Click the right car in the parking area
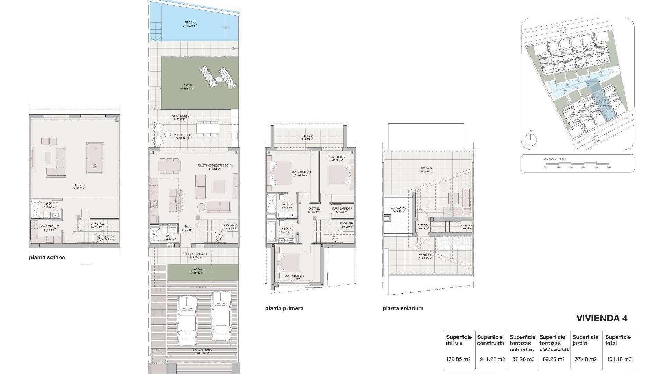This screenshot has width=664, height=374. (x=221, y=316)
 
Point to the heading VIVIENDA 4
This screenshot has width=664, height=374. (x=602, y=318)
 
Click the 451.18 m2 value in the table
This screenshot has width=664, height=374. (x=619, y=359)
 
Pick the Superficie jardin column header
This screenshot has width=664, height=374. (x=585, y=340)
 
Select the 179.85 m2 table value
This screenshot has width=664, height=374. (x=458, y=359)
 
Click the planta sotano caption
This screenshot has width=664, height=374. (x=47, y=258)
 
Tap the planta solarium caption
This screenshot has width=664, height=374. (x=403, y=308)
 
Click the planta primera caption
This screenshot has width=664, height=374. (x=284, y=308)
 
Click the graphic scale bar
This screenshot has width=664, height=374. (x=577, y=163)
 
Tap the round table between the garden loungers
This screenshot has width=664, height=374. (x=219, y=79)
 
